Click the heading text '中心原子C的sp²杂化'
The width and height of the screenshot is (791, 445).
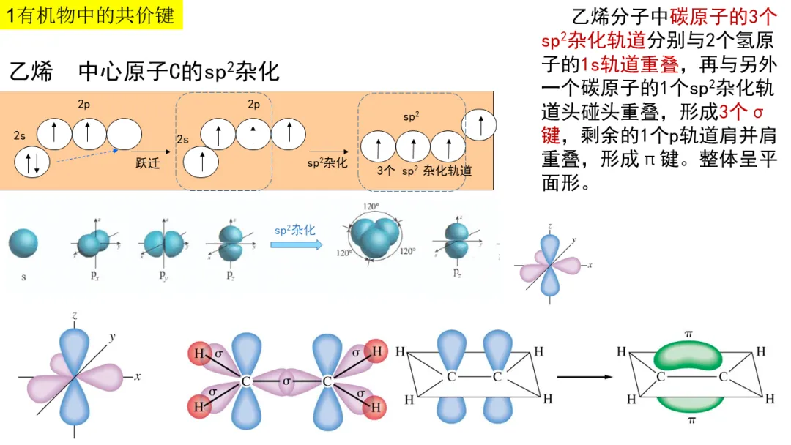(179, 72)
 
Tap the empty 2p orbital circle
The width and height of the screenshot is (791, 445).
(124, 133)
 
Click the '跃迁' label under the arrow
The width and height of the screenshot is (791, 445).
(147, 162)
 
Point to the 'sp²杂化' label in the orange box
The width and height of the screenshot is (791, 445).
(327, 162)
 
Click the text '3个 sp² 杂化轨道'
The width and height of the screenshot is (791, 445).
(424, 171)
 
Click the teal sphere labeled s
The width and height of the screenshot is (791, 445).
(23, 243)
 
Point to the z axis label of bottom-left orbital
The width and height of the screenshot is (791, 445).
(75, 315)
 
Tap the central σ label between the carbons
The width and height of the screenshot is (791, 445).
(287, 381)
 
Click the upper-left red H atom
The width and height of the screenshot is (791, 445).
(199, 354)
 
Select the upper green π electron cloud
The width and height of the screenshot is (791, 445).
(688, 356)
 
